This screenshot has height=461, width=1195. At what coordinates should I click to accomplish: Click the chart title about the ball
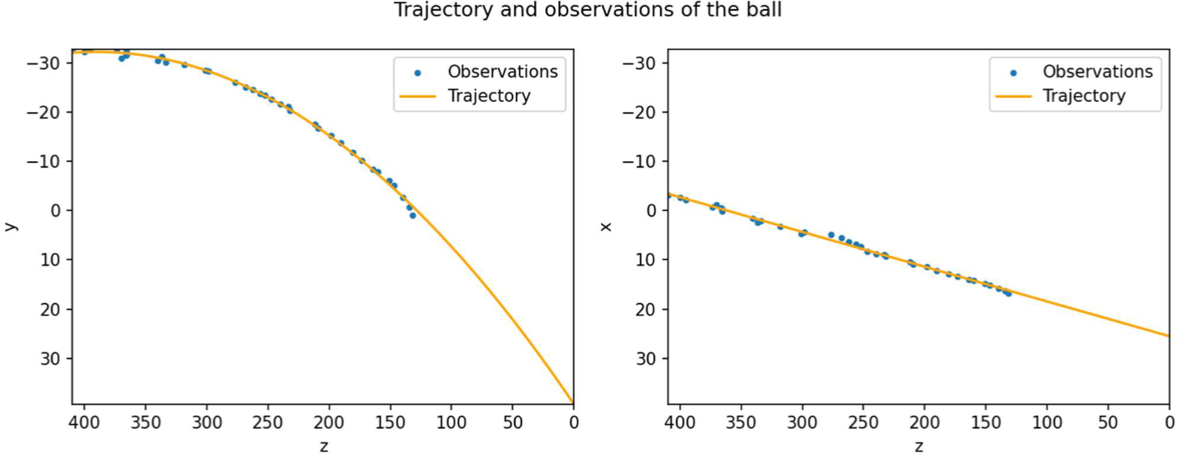pyautogui.click(x=587, y=11)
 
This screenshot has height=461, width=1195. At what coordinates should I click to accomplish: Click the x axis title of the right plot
pyautogui.click(x=606, y=225)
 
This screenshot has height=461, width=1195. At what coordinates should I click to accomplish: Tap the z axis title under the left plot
pyautogui.click(x=324, y=446)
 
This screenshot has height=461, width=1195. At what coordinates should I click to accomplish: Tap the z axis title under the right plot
pyautogui.click(x=919, y=446)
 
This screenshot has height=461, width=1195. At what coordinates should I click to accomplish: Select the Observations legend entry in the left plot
pyautogui.click(x=502, y=72)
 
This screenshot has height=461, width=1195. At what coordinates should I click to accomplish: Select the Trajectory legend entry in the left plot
pyautogui.click(x=489, y=96)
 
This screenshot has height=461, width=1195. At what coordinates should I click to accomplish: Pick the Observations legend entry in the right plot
pyautogui.click(x=1097, y=72)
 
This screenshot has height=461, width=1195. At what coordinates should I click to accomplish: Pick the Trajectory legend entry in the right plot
pyautogui.click(x=1084, y=96)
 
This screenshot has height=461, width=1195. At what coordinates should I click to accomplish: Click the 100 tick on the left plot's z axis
pyautogui.click(x=451, y=423)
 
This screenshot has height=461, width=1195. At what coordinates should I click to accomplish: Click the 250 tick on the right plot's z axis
pyautogui.click(x=863, y=423)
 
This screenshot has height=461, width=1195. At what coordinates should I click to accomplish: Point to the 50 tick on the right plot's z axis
pyautogui.click(x=1107, y=423)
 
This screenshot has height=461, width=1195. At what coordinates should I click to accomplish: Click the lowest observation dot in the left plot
pyautogui.click(x=412, y=215)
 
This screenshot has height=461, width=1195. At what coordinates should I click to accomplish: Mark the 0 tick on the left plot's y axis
pyautogui.click(x=58, y=210)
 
